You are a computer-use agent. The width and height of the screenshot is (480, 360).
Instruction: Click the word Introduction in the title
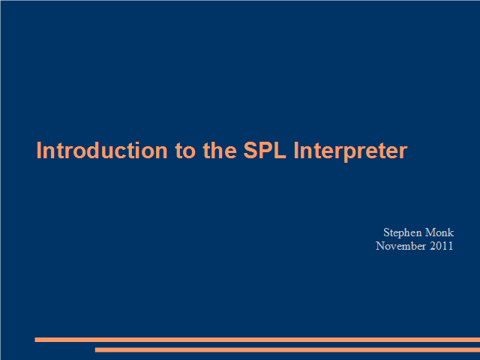click(x=102, y=150)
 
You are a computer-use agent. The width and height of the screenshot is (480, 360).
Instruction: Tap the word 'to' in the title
click(x=185, y=151)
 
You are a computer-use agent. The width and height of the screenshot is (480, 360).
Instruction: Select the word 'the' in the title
click(x=220, y=150)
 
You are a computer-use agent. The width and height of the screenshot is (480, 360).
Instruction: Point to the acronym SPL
click(x=265, y=150)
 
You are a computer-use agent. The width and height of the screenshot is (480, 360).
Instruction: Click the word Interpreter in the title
click(x=350, y=151)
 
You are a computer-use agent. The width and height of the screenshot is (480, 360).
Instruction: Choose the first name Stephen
click(x=403, y=233)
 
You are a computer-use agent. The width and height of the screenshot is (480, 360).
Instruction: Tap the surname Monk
click(x=439, y=232)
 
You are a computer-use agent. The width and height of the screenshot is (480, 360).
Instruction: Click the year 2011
click(x=442, y=246)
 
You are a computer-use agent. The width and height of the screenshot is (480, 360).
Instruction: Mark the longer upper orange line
click(x=257, y=340)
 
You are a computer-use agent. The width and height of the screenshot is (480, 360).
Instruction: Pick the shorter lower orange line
click(x=287, y=349)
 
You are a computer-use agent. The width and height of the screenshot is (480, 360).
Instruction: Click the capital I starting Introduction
click(x=38, y=150)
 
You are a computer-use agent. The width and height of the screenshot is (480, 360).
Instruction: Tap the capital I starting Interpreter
click(x=296, y=150)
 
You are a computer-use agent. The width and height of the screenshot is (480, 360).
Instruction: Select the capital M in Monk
click(x=430, y=232)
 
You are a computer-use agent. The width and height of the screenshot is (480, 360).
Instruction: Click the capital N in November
click(x=380, y=246)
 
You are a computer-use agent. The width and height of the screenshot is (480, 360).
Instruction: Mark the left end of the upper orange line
click(x=35, y=340)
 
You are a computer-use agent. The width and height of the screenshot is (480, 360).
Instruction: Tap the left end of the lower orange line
click(x=95, y=349)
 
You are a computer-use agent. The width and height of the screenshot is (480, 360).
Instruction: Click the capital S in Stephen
click(x=386, y=232)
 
